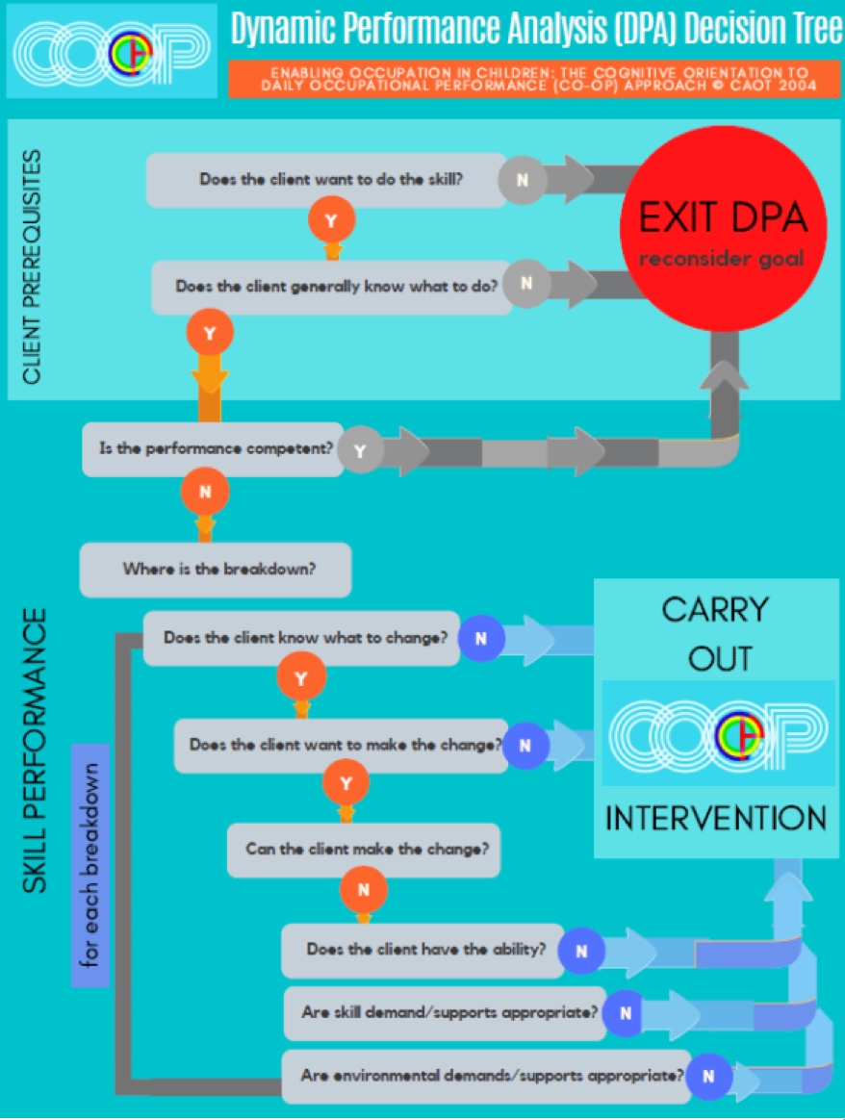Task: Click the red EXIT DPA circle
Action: [723, 229]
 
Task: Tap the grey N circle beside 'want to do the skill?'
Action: [523, 180]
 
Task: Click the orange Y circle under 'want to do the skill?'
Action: [331, 220]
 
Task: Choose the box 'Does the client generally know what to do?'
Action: [333, 287]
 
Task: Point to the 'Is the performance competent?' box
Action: [214, 449]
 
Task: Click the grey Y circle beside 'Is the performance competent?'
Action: [361, 450]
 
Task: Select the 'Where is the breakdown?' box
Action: [216, 570]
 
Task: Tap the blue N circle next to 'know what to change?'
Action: [481, 638]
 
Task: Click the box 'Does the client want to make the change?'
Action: [343, 746]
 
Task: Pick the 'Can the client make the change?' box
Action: [364, 850]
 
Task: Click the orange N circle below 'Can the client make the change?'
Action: [364, 890]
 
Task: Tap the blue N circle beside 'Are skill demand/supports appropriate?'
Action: [626, 1013]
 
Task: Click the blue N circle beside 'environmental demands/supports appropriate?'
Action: [708, 1077]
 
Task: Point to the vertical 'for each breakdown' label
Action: [90, 865]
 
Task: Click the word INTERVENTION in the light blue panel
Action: [716, 818]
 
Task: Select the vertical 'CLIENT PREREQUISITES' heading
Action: [31, 267]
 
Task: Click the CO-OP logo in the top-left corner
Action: [112, 51]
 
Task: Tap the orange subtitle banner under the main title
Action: [534, 79]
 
